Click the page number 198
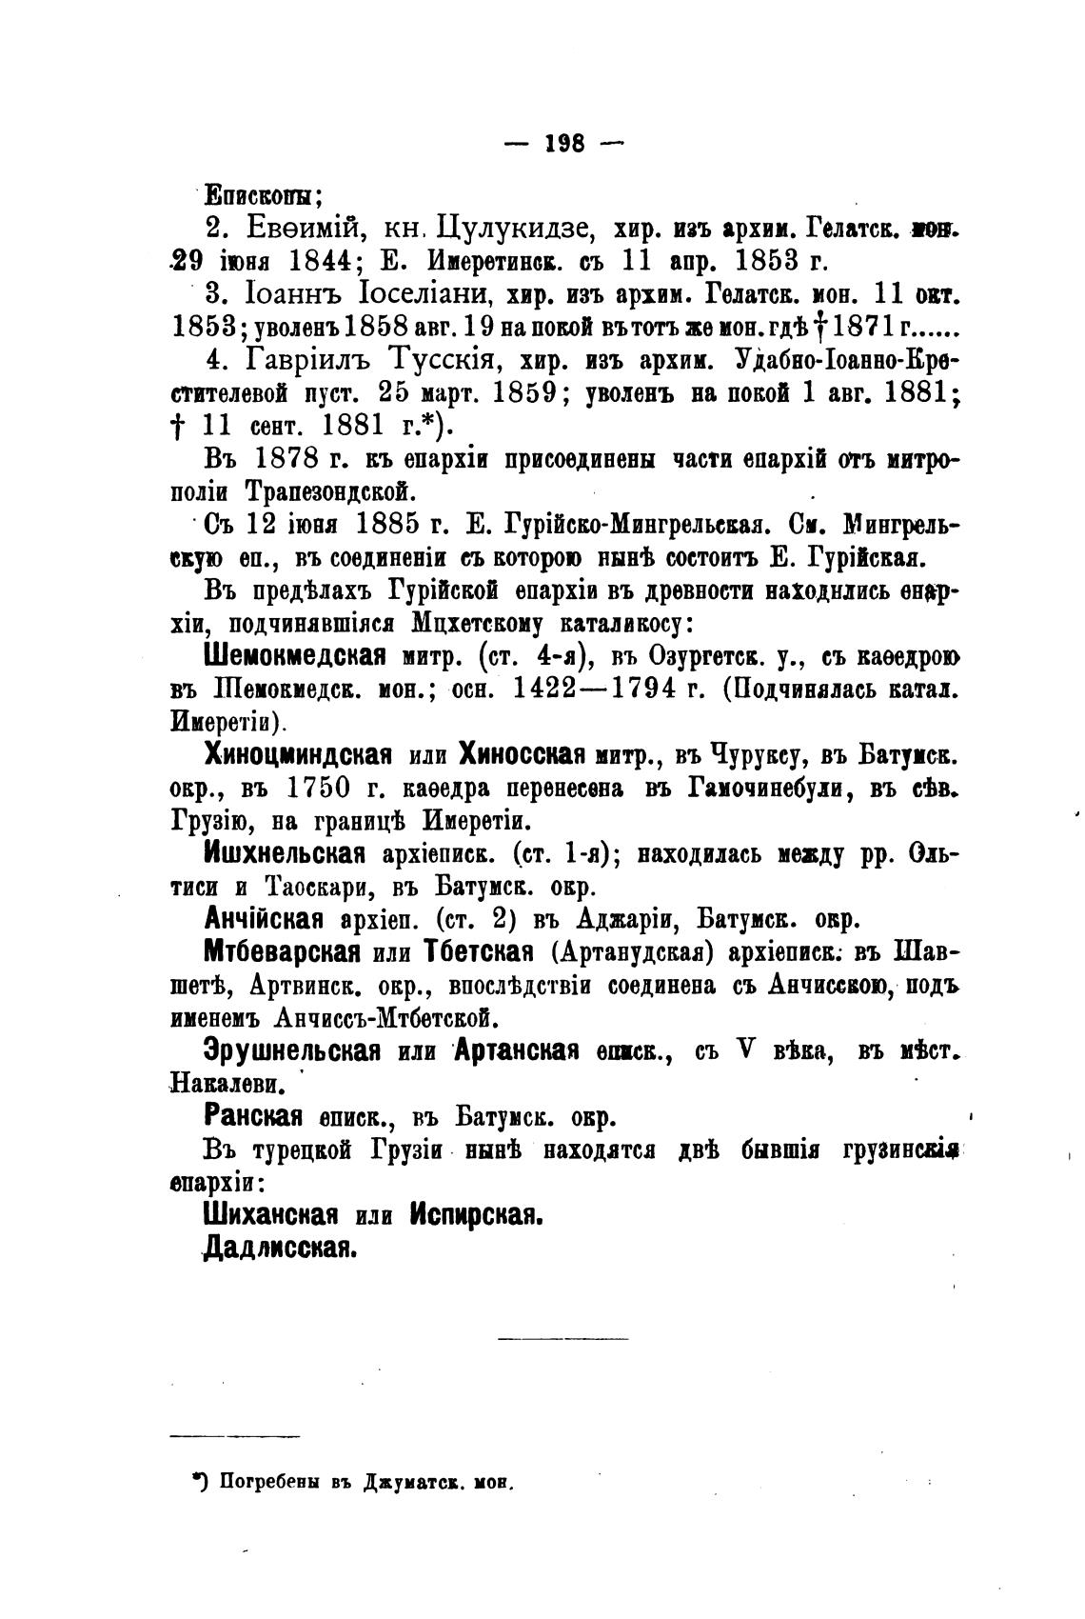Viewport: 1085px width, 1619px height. point(562,144)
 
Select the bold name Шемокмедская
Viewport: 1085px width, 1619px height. point(294,654)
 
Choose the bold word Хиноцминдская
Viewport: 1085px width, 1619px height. point(298,755)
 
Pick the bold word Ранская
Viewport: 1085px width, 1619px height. point(252,1115)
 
